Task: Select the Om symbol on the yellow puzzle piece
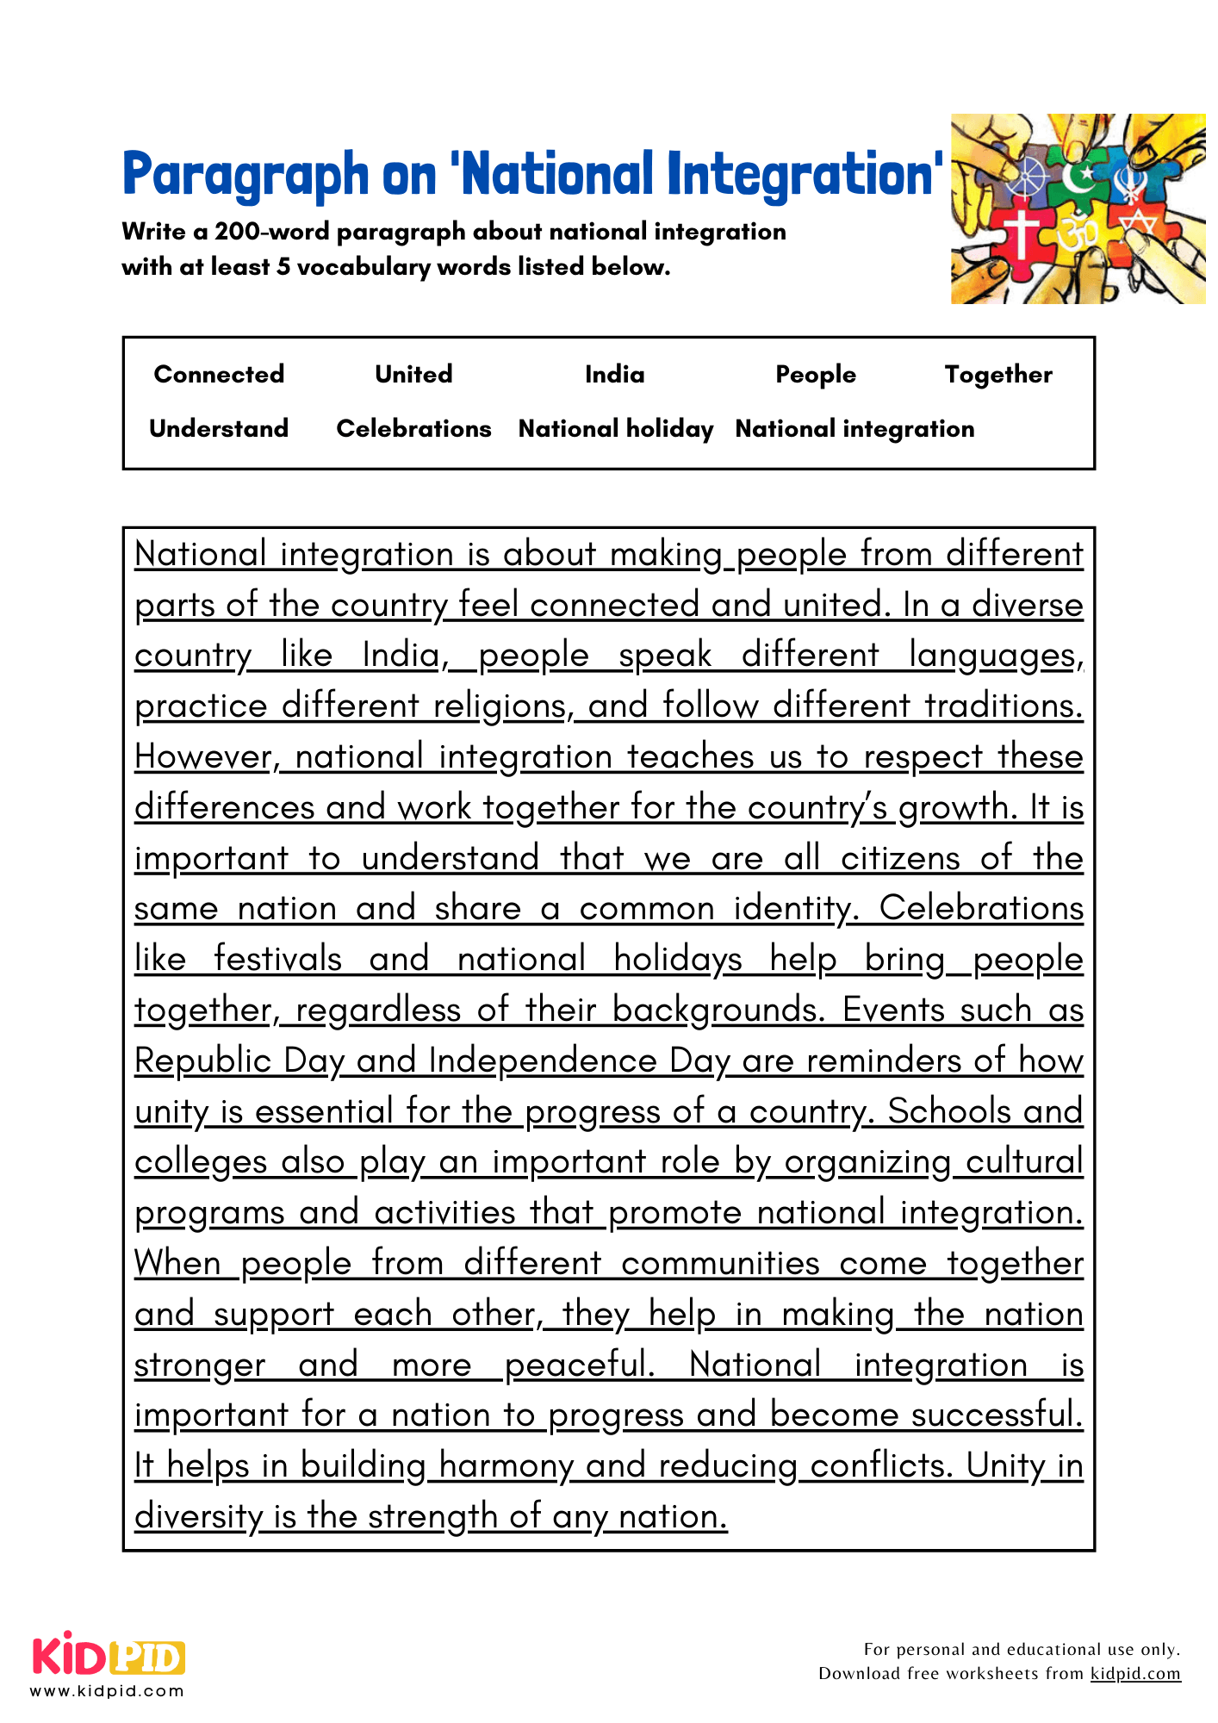click(x=1077, y=233)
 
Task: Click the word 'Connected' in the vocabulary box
click(x=219, y=374)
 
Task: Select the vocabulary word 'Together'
click(x=998, y=374)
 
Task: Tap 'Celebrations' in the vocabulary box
click(x=413, y=428)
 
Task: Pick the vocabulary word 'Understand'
click(x=219, y=428)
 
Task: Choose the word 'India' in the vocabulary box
click(x=614, y=374)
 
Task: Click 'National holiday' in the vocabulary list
click(x=616, y=428)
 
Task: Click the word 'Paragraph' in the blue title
click(x=245, y=175)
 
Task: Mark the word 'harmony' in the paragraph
click(x=506, y=1465)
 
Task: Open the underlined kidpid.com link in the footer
click(x=1135, y=1673)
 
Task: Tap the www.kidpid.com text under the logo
click(x=108, y=1690)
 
